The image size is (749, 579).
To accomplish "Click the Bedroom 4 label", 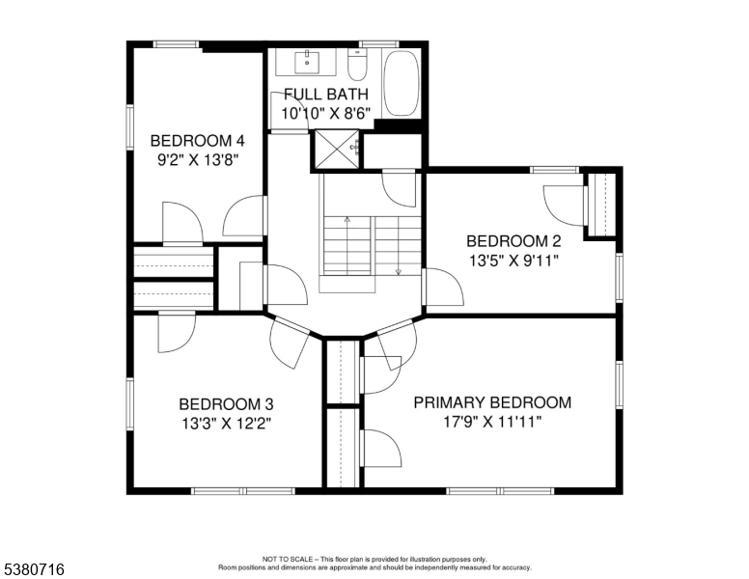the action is coord(197,141).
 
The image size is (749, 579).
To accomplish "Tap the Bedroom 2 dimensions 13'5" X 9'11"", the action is coord(514,261).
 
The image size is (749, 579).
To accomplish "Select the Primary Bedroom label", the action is coord(492,402).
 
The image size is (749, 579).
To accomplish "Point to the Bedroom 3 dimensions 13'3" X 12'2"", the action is coord(227,424).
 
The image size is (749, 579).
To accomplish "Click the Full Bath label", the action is coord(326,95).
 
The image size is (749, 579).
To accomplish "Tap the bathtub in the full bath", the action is coord(402,83).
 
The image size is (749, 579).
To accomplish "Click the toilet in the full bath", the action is coord(357,65).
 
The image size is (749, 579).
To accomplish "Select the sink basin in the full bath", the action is coord(307,62).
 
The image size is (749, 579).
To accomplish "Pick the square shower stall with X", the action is coord(337,149).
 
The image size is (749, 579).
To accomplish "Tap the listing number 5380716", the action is coord(34,569).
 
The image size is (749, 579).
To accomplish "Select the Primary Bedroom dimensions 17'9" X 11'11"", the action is coord(492,423).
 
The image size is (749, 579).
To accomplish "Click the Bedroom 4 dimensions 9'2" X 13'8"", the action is coord(198,159).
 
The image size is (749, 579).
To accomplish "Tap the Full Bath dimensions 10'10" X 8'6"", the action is coord(326,114).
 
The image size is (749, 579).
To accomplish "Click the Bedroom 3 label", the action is coord(227,404).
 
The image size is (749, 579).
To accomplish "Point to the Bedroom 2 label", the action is coord(514,241).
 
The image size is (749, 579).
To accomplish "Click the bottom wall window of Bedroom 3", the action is coord(243,490).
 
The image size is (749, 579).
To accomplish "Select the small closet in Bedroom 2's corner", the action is coord(601,205).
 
